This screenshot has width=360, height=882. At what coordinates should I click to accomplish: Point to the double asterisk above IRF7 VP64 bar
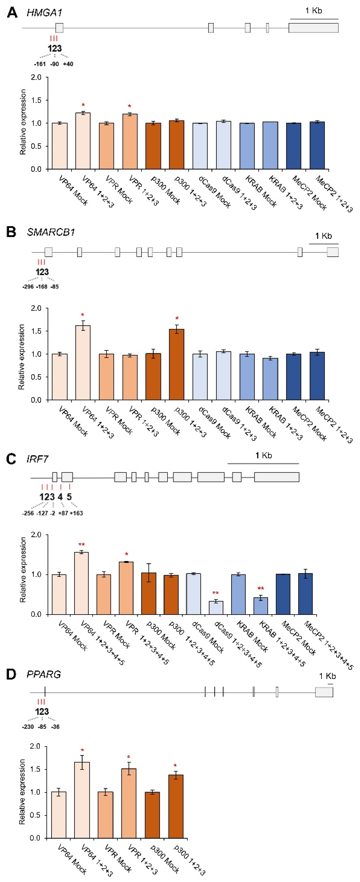click(81, 544)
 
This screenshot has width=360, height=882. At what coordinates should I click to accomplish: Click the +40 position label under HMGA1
click(68, 64)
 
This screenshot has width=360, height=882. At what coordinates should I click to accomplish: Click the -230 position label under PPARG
click(28, 727)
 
